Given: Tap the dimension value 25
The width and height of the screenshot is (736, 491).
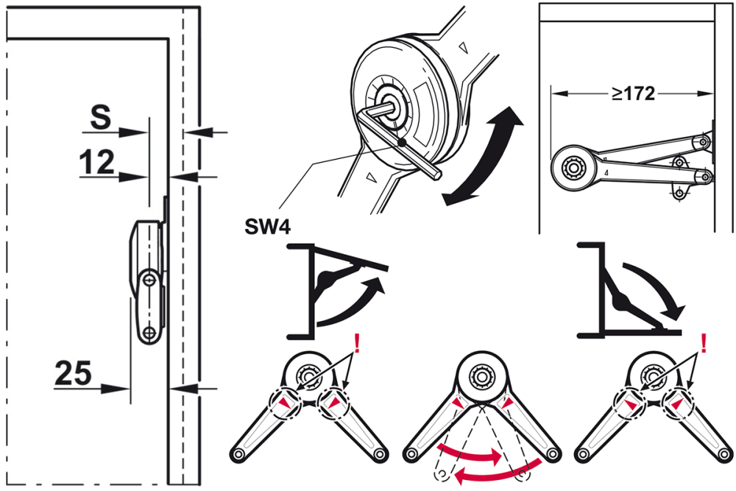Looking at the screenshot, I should [x=73, y=374].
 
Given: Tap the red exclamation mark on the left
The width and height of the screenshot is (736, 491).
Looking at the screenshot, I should [x=357, y=343].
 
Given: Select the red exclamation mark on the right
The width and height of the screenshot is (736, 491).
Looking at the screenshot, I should [x=704, y=343].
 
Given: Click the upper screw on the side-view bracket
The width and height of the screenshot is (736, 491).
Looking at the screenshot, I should [x=149, y=280].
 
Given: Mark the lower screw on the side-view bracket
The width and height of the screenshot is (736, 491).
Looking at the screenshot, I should [x=149, y=333].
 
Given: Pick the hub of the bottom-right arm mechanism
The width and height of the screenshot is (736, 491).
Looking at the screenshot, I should [x=654, y=378].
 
